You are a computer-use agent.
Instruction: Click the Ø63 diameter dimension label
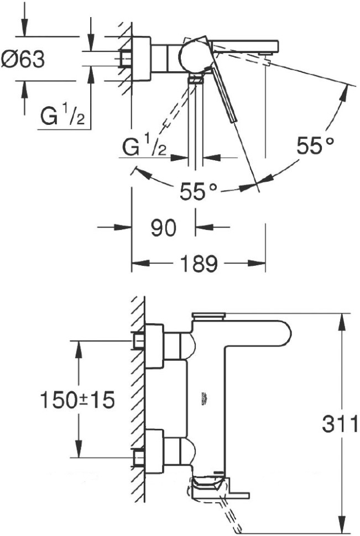(x=23, y=59)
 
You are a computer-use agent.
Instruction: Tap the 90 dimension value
(x=163, y=227)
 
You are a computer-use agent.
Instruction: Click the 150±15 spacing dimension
(x=77, y=400)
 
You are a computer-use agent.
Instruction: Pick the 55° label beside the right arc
(x=315, y=146)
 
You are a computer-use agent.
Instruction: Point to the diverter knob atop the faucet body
(x=207, y=317)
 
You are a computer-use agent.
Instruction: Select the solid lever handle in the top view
(x=224, y=88)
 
